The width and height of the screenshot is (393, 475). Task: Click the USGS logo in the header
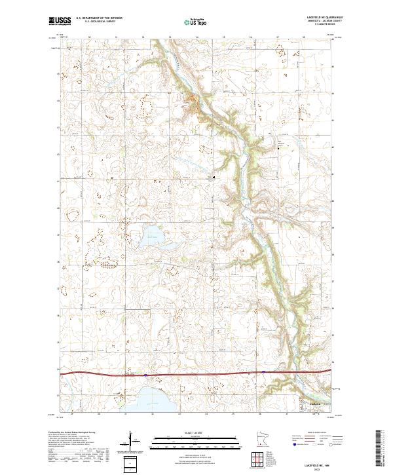tap(60, 22)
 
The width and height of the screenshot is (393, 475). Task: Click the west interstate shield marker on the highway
tap(146, 375)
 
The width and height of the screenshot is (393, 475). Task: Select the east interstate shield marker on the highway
tap(263, 371)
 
